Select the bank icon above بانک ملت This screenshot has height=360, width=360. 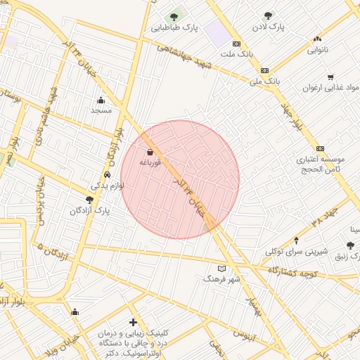(x=237, y=43)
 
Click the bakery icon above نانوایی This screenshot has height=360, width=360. (x=318, y=39)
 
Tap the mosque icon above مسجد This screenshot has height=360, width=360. (x=101, y=99)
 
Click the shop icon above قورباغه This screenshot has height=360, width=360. (x=150, y=151)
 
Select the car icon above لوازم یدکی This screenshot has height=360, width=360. (x=107, y=174)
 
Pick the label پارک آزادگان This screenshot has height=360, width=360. (x=91, y=210)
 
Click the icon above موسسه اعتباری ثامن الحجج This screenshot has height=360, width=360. (x=321, y=148)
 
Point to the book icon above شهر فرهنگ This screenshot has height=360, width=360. (x=222, y=269)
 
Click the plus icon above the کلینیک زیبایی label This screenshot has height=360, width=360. (x=133, y=322)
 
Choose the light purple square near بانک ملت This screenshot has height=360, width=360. (x=217, y=32)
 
